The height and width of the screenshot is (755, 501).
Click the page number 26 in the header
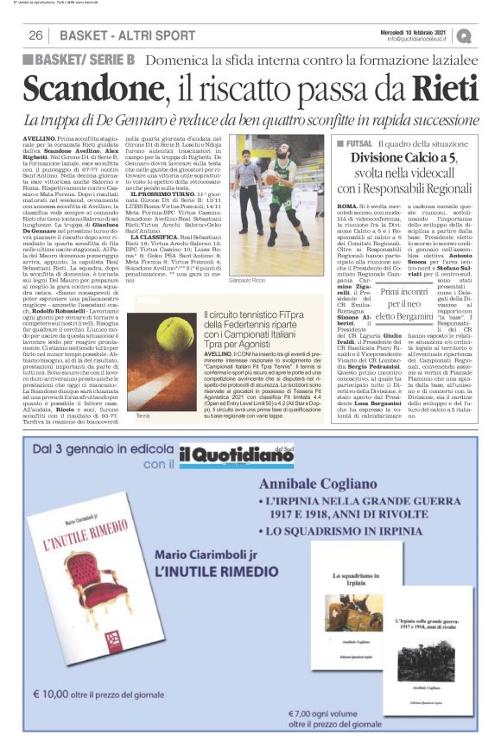click(36, 35)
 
